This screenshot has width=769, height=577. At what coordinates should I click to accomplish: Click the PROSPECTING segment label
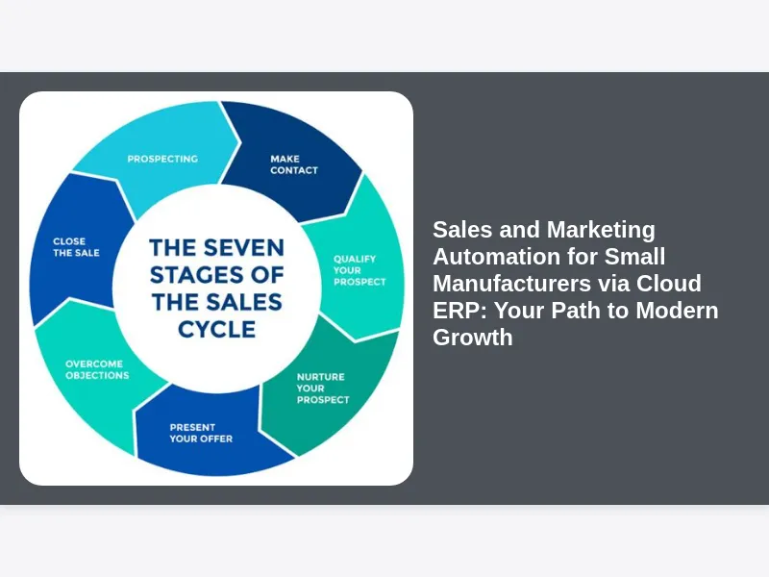[x=162, y=159]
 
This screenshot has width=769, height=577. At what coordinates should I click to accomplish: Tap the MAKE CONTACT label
[x=293, y=164]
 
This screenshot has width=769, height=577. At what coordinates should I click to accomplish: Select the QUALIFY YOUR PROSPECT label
[x=360, y=270]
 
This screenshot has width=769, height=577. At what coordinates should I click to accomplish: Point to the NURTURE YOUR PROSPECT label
[x=322, y=388]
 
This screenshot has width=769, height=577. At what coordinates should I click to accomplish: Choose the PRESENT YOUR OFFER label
[x=201, y=433]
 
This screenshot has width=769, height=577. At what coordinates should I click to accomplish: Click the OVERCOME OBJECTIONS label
[x=97, y=369]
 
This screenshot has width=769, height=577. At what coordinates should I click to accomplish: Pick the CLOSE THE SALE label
[x=76, y=247]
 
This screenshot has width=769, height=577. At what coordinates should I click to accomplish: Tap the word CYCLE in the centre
[x=216, y=329]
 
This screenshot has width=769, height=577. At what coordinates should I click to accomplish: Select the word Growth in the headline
[x=472, y=338]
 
